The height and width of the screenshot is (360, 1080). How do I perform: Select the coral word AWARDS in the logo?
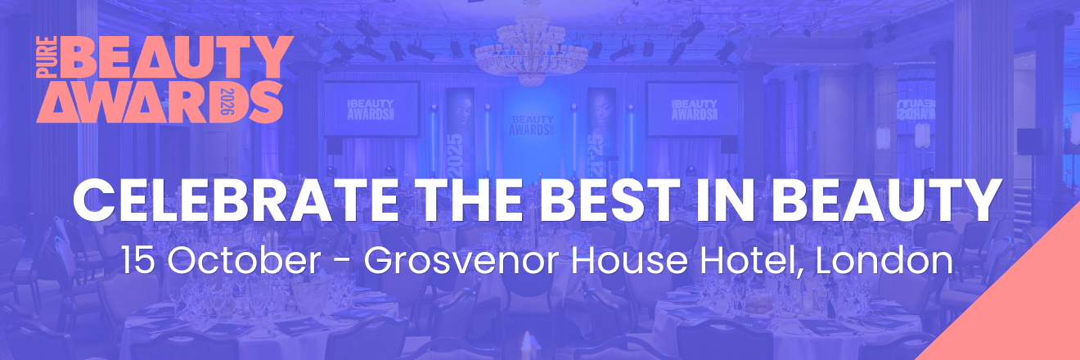tap(159, 101)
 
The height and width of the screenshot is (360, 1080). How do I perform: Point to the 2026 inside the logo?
tap(227, 101)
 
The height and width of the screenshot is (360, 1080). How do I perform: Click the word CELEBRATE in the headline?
tap(236, 200)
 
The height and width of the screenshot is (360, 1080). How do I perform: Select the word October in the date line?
tap(245, 261)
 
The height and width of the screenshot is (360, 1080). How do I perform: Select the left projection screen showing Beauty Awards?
tap(371, 109)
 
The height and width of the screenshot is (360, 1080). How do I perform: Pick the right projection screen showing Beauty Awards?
tap(692, 110)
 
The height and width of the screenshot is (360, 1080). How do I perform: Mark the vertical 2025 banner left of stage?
tap(460, 133)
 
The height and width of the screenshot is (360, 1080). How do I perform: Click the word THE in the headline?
tap(468, 200)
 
